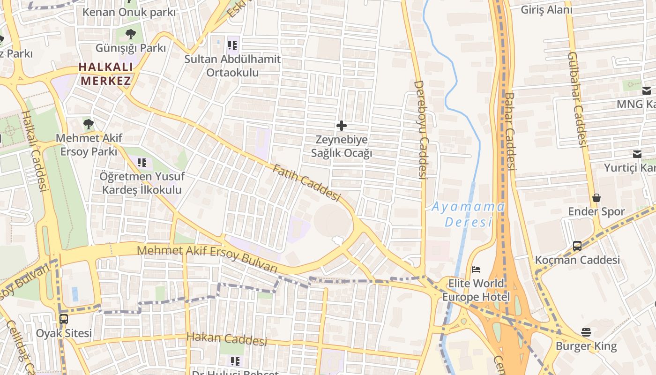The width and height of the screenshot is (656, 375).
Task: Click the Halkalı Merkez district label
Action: pos(105,74)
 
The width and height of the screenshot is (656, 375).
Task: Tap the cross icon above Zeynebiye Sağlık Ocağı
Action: pos(342,126)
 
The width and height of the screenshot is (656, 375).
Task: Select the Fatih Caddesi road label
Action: pos(306,183)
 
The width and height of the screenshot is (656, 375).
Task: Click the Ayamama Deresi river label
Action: pos(468,214)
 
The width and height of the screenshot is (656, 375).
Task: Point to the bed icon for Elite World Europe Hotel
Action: pos(476,270)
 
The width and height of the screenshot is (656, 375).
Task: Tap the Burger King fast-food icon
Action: pos(586,332)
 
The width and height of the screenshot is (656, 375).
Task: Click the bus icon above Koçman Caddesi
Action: pos(577,246)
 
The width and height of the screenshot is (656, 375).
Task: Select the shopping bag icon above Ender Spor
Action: pos(596,198)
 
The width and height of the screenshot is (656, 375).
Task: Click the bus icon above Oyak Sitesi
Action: pos(64,319)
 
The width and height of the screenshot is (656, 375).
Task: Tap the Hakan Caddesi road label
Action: pos(227,338)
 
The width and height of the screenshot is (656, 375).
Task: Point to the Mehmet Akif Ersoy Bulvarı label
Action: pos(207,259)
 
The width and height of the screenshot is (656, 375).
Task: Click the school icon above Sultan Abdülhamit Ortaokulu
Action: pos(232,45)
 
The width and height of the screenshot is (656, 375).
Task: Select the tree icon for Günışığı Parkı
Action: pos(131,34)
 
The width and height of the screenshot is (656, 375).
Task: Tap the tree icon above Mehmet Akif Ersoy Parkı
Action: pos(89,124)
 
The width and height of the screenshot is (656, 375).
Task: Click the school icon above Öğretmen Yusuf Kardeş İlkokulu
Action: pos(142,163)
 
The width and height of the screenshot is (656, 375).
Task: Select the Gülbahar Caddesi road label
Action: pos(577,99)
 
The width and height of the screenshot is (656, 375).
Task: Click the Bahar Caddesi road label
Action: pos(510,131)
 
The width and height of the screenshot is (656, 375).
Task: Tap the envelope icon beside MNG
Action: pos(647,91)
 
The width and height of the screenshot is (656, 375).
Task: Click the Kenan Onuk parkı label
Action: pos(129,12)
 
